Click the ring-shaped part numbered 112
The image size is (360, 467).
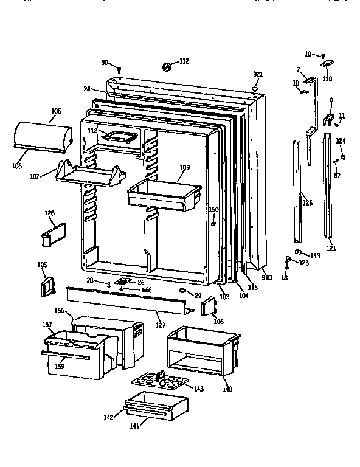click(166, 65)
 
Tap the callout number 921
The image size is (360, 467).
click(258, 74)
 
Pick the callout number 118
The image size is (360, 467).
click(92, 131)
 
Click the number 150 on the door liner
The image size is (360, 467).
click(213, 210)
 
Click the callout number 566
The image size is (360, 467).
click(147, 290)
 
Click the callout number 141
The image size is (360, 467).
click(134, 426)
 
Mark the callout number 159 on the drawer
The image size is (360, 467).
click(60, 366)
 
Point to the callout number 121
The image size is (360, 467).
click(330, 248)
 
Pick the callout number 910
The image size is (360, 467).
click(266, 278)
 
